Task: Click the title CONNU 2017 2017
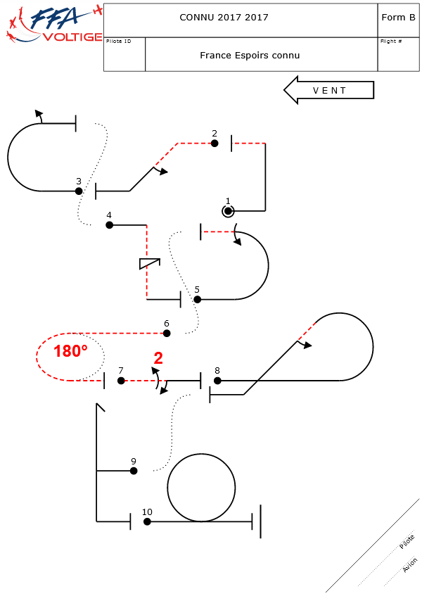(x=224, y=18)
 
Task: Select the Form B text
(x=397, y=18)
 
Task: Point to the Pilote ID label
(x=118, y=42)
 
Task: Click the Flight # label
(x=391, y=42)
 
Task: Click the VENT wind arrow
(x=328, y=90)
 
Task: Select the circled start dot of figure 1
(x=228, y=210)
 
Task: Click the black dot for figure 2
(x=215, y=144)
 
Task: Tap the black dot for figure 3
(x=79, y=191)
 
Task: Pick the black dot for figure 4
(x=109, y=225)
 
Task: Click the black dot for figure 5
(x=197, y=299)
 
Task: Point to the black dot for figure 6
(x=167, y=333)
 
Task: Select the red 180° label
(x=70, y=352)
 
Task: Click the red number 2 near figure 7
(x=158, y=358)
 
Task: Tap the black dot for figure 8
(x=217, y=381)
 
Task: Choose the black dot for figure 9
(x=134, y=471)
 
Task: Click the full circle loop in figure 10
(x=201, y=488)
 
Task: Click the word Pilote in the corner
(x=407, y=542)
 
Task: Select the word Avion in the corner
(x=409, y=565)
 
